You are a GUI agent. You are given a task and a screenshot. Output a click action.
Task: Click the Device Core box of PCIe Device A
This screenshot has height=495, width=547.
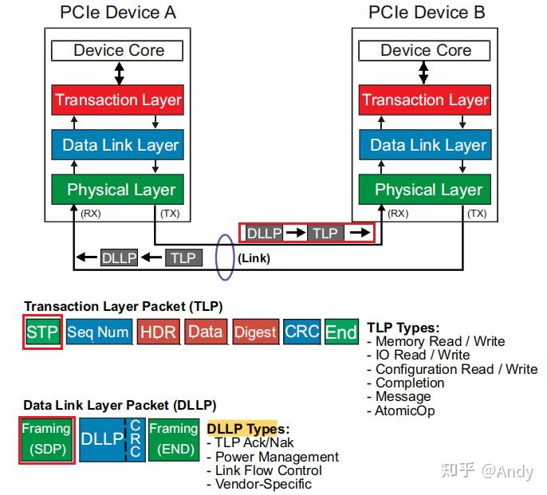click(x=118, y=51)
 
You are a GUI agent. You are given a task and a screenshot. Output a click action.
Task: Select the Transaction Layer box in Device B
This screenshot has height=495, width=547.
click(x=425, y=100)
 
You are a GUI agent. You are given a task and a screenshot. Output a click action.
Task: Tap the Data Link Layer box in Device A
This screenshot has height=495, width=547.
click(x=118, y=145)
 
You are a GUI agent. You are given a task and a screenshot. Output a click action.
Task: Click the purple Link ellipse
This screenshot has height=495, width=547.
click(x=224, y=257)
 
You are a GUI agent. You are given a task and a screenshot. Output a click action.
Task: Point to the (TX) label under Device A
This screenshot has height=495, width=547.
click(x=171, y=214)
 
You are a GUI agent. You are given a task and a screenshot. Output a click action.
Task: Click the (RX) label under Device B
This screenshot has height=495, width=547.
click(x=398, y=214)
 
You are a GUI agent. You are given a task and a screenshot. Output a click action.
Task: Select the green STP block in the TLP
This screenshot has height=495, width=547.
click(x=42, y=332)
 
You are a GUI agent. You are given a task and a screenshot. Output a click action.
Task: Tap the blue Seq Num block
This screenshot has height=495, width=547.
click(x=98, y=332)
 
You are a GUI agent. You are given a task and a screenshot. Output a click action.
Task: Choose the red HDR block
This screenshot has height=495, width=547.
click(x=158, y=332)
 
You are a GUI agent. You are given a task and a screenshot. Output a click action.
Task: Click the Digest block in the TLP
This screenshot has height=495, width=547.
click(x=255, y=332)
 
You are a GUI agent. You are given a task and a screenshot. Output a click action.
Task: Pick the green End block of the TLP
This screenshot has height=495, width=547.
click(x=341, y=332)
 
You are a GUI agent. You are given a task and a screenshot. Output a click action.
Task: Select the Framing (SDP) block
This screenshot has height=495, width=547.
click(x=46, y=438)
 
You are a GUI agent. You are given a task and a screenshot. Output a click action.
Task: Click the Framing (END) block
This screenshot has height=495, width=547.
click(x=173, y=438)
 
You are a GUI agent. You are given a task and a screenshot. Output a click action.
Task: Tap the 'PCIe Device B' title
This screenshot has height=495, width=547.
click(x=427, y=13)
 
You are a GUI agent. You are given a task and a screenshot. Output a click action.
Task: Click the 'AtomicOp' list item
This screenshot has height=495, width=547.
click(x=405, y=411)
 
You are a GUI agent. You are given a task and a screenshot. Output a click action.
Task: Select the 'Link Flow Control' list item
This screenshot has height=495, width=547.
click(x=269, y=470)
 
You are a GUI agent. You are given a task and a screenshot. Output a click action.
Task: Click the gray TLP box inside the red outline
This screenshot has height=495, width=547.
click(x=325, y=234)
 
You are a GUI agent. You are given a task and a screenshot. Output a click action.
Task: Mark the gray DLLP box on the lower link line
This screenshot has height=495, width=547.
click(x=120, y=257)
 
